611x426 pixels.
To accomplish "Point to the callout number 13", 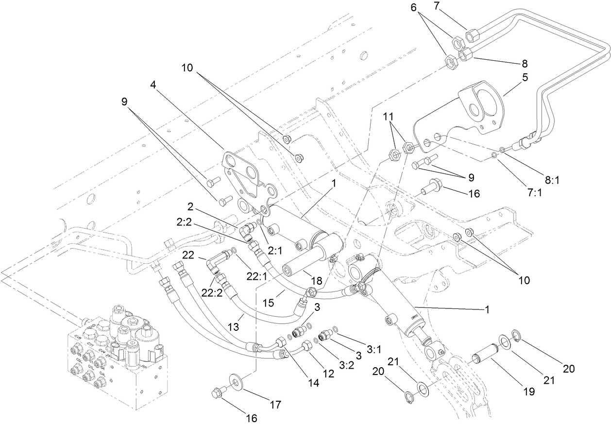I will tap(234, 327).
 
